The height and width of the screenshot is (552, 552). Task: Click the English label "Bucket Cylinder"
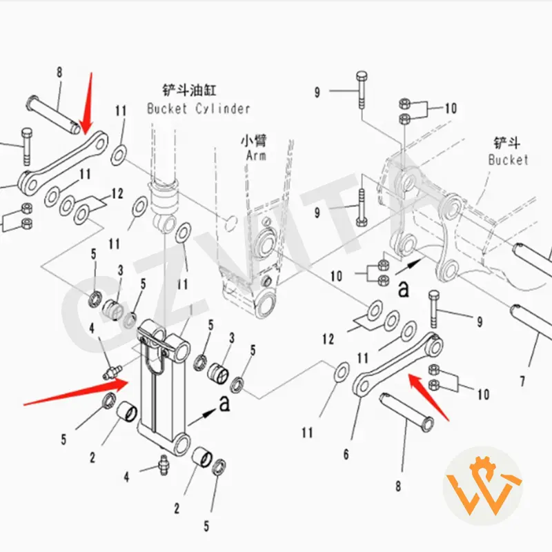pyautogui.click(x=199, y=109)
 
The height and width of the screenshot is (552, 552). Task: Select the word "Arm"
pyautogui.click(x=256, y=156)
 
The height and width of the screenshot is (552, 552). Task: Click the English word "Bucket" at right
pyautogui.click(x=508, y=159)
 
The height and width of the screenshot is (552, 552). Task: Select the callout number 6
pyautogui.click(x=346, y=454)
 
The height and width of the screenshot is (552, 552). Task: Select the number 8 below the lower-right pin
pyautogui.click(x=398, y=486)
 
